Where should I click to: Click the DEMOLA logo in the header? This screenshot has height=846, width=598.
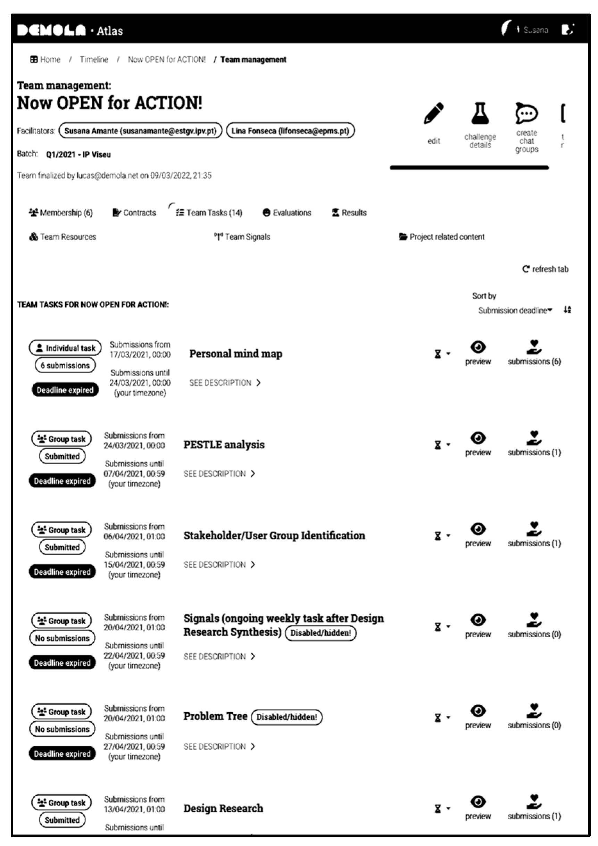(52, 31)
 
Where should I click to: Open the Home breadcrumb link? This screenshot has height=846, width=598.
(46, 60)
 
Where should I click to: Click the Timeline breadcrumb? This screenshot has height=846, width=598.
(94, 60)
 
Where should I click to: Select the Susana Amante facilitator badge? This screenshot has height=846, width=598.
(140, 131)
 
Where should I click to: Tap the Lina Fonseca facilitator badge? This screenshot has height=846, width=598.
(290, 131)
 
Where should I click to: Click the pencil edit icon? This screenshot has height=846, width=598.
(434, 114)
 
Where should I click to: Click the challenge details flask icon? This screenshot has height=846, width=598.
(480, 114)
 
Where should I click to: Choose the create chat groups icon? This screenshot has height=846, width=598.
(526, 114)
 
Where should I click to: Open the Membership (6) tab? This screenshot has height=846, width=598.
(61, 213)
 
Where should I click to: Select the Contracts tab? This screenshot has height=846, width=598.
(134, 213)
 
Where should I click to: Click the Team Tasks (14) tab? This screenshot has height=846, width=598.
(209, 213)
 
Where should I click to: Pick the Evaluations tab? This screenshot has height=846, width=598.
(287, 213)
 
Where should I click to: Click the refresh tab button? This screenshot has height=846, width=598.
(545, 269)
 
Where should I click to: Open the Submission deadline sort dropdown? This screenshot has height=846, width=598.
(515, 310)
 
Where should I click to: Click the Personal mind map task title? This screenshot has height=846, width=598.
(236, 354)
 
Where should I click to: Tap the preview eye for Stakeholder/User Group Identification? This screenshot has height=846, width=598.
(478, 530)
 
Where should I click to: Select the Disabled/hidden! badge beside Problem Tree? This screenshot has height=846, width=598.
(286, 717)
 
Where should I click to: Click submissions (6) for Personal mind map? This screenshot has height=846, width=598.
(534, 361)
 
